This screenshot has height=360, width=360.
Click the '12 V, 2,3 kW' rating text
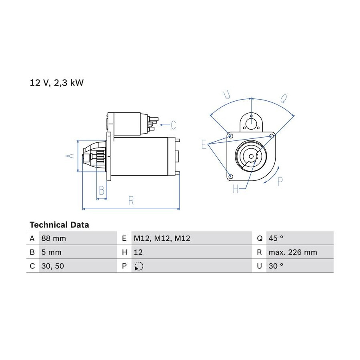click(x=56, y=83)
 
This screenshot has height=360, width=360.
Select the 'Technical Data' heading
click(x=59, y=225)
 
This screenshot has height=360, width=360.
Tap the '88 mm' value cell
click(x=54, y=238)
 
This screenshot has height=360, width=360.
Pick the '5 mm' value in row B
click(x=52, y=252)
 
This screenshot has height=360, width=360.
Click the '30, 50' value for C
click(x=52, y=266)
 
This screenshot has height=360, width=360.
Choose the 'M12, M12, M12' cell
click(x=162, y=238)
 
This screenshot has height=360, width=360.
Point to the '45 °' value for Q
click(x=276, y=238)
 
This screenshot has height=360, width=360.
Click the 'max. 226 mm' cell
click(x=293, y=252)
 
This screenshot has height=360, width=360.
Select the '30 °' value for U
click(x=276, y=266)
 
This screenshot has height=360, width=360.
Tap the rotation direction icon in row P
click(x=139, y=266)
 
